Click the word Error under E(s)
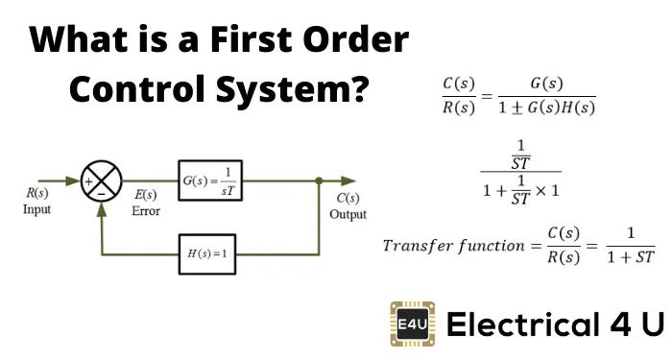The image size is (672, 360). [146, 211]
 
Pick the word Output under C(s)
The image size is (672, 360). [348, 214]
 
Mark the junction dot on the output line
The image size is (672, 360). [319, 180]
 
